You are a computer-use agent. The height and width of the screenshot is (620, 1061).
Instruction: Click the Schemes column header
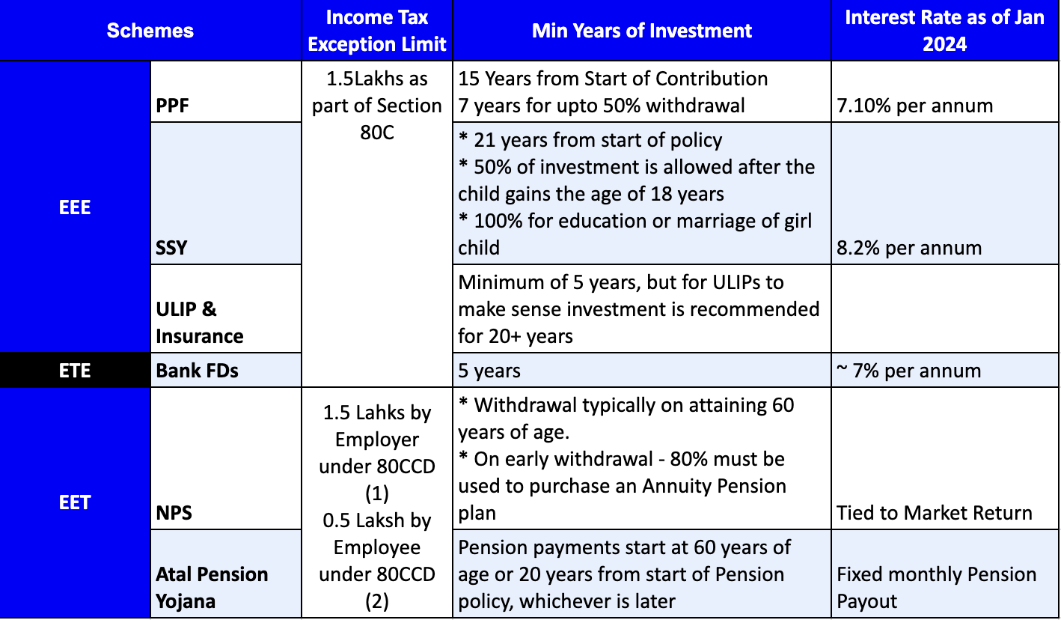pyautogui.click(x=150, y=31)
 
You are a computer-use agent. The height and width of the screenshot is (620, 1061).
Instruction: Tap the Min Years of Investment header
pyautogui.click(x=641, y=31)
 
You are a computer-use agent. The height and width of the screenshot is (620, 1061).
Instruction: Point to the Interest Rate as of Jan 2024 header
pyautogui.click(x=944, y=31)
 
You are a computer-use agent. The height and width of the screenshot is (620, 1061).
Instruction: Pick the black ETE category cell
pyautogui.click(x=75, y=370)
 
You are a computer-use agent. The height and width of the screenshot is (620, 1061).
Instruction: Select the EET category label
pyautogui.click(x=75, y=502)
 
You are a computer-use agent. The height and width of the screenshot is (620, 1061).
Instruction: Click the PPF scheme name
pyautogui.click(x=173, y=106)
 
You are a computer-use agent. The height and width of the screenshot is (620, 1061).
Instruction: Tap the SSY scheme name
pyautogui.click(x=172, y=247)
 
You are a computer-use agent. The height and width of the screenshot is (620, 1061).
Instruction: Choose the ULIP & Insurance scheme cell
pyautogui.click(x=199, y=322)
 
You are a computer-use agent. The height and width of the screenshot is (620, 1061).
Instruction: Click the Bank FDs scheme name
pyautogui.click(x=197, y=370)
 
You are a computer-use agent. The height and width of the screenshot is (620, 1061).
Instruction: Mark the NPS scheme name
pyautogui.click(x=174, y=513)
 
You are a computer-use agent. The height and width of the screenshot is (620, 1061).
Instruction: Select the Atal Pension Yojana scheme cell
pyautogui.click(x=212, y=587)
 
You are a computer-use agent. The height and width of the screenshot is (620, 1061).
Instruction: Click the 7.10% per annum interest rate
pyautogui.click(x=914, y=106)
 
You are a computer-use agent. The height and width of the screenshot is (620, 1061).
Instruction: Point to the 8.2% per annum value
pyautogui.click(x=908, y=247)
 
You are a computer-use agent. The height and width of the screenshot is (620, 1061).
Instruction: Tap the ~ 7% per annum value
pyautogui.click(x=908, y=370)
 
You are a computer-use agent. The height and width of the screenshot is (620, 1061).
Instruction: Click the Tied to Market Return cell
pyautogui.click(x=934, y=513)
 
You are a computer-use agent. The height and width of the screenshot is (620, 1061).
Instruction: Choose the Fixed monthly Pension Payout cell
pyautogui.click(x=936, y=587)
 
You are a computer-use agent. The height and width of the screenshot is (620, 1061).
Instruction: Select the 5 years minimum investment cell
pyautogui.click(x=489, y=370)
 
